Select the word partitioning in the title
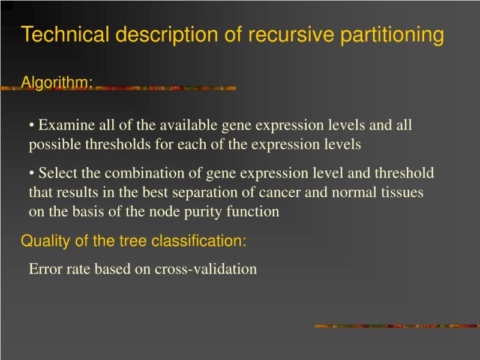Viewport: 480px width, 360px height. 392,35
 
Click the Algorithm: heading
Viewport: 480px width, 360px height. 56,82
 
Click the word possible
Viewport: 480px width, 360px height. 50,145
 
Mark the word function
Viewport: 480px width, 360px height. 257,212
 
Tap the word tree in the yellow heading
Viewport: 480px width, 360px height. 134,241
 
